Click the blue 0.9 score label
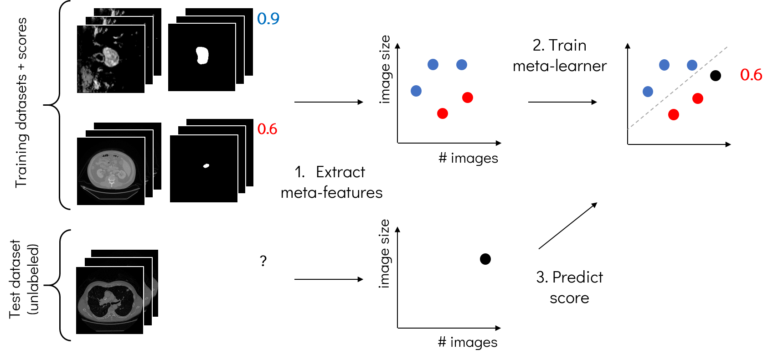268,19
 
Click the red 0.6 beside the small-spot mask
267,129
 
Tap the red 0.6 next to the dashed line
751,75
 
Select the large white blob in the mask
202,55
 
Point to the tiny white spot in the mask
206,165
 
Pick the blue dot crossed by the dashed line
692,65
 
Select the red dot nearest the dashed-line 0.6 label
697,98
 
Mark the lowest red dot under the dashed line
673,115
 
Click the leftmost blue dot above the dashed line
648,92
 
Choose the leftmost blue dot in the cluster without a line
416,91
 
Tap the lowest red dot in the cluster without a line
443,113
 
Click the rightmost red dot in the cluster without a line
468,98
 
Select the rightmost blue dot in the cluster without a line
462,65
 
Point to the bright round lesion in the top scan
111,56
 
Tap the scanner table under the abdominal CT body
111,193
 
